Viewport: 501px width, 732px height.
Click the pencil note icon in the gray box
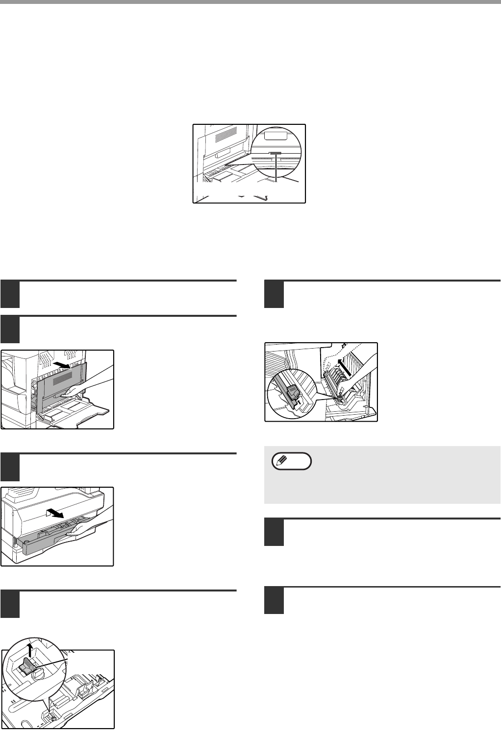pyautogui.click(x=281, y=461)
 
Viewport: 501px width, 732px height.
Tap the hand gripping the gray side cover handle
pyautogui.click(x=85, y=386)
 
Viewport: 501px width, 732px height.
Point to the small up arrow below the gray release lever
pyautogui.click(x=299, y=401)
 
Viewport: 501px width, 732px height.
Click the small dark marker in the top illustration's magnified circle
pyautogui.click(x=276, y=153)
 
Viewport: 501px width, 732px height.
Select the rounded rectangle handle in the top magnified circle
pyautogui.click(x=276, y=136)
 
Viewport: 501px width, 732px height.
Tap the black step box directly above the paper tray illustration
pyautogui.click(x=10, y=468)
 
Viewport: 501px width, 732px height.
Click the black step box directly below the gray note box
pyautogui.click(x=274, y=532)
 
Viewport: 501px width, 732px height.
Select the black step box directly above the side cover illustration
pyautogui.click(x=10, y=330)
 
